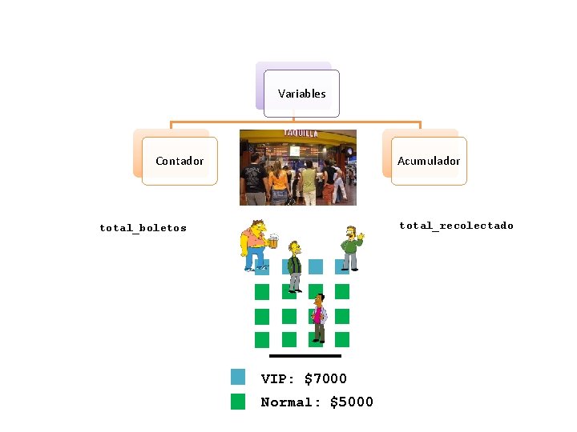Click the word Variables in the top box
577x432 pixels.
tap(301, 94)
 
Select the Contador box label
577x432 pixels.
tap(180, 161)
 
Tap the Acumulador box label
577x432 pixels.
tap(429, 161)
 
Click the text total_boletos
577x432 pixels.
tap(143, 228)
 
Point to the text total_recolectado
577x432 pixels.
tap(456, 226)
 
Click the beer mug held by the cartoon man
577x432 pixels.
tap(272, 240)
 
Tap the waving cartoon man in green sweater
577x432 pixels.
tap(350, 247)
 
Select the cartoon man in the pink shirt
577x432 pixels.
tap(319, 318)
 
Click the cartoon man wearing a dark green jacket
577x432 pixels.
tap(295, 265)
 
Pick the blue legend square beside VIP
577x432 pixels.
tap(238, 377)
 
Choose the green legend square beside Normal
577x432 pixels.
tap(238, 402)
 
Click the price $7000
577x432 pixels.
tap(325, 378)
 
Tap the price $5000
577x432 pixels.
tap(352, 402)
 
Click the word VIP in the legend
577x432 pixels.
tap(276, 378)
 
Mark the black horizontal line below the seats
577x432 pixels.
tap(305, 355)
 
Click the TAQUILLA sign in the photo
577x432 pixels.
tap(301, 133)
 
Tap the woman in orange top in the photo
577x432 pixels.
tap(278, 181)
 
